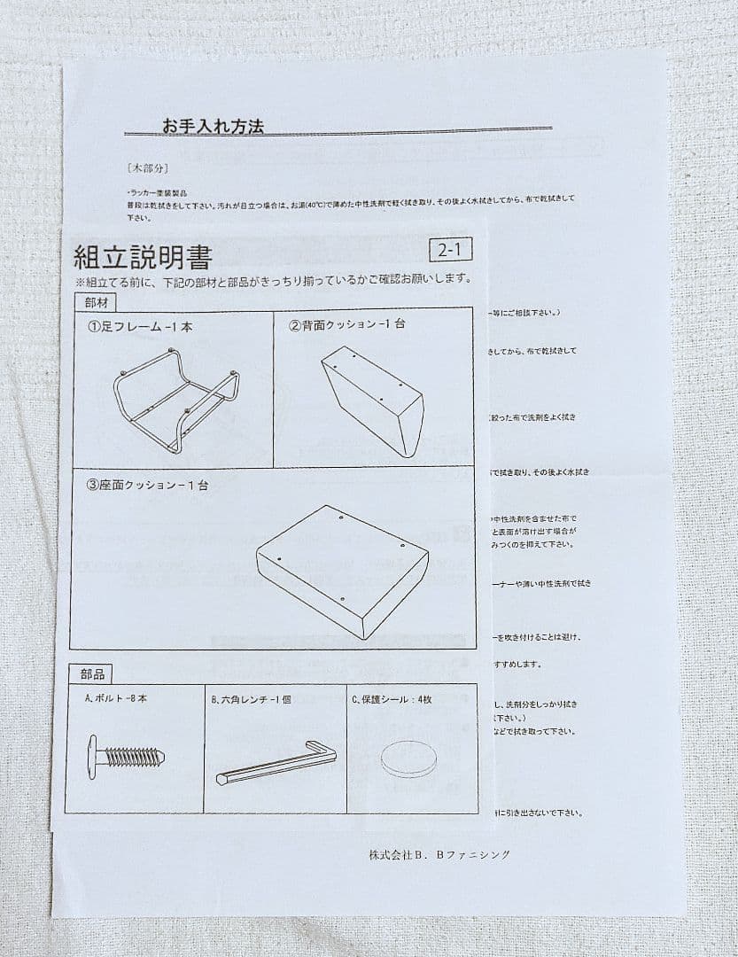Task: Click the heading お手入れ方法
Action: point(213,127)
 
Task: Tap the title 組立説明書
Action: point(143,258)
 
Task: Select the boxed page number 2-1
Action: point(450,250)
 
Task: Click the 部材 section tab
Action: point(91,301)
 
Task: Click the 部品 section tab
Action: point(91,674)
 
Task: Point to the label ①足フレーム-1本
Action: point(139,326)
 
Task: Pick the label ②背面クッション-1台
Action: point(346,324)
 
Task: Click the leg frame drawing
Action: point(175,398)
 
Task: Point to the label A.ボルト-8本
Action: point(116,698)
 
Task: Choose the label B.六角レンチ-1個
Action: point(251,699)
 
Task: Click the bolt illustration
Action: point(126,757)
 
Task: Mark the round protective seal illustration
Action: point(410,759)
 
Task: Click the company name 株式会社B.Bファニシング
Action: point(439,854)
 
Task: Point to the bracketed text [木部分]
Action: point(148,167)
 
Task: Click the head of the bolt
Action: point(93,757)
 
